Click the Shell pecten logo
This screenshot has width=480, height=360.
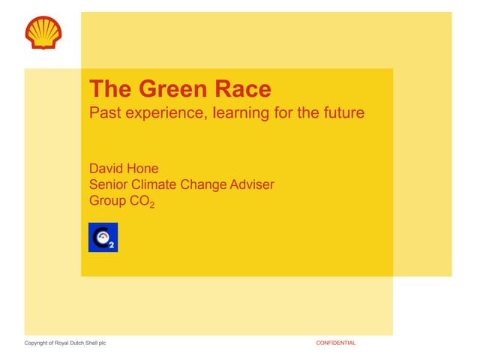click(x=44, y=31)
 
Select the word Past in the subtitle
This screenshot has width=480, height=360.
click(x=103, y=114)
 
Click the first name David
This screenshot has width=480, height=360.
click(x=108, y=169)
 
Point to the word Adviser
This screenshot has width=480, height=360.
click(x=251, y=184)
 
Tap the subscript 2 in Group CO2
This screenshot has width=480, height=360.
click(x=153, y=205)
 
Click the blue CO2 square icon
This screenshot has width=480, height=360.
click(x=103, y=237)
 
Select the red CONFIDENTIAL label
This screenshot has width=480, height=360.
click(x=335, y=343)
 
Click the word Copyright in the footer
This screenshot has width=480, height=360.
click(x=38, y=343)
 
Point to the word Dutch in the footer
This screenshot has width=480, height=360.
click(x=81, y=343)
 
